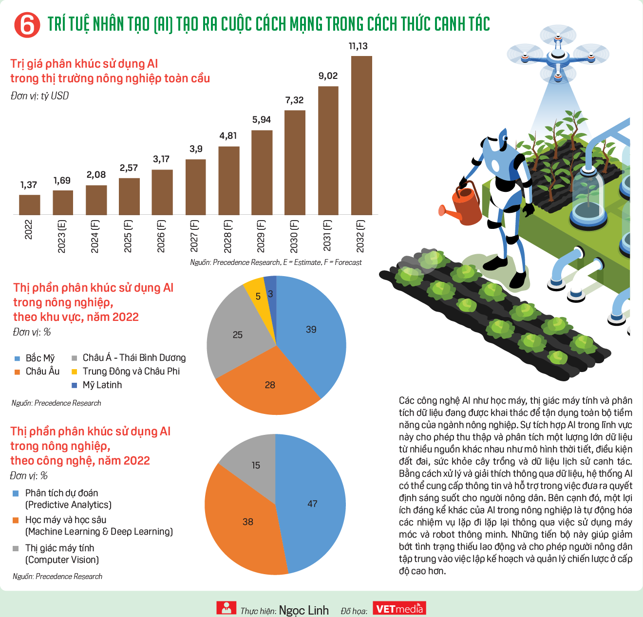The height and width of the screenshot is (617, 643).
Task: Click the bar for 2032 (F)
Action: tap(361, 135)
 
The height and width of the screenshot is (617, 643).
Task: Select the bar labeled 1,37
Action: tap(29, 205)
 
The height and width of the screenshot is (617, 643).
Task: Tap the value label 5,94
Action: tap(262, 120)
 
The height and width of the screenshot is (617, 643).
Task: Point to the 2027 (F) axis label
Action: tap(194, 236)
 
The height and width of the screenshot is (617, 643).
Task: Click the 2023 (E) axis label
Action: tap(61, 237)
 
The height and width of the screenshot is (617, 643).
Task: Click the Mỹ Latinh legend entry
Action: tap(97, 385)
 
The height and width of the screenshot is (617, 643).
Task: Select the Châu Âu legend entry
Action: tap(37, 372)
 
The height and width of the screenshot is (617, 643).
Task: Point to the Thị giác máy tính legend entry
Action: tap(56, 554)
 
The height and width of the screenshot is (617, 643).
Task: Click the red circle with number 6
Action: tap(27, 25)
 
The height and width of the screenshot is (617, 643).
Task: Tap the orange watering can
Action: tap(461, 205)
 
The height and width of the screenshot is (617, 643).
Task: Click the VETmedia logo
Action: tap(399, 608)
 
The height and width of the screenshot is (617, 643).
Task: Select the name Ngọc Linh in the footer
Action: tap(303, 610)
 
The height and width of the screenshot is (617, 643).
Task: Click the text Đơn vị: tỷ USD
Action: tap(39, 96)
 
